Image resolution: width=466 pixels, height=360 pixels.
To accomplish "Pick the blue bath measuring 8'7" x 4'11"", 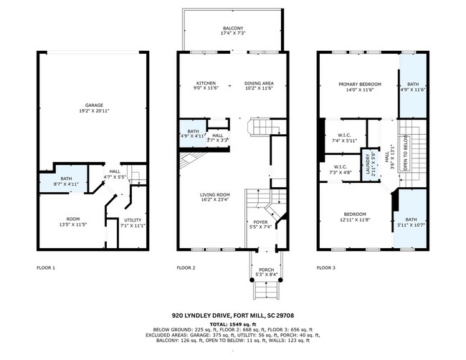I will pos(66,182).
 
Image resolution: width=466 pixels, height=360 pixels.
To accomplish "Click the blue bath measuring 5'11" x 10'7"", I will pos(410,222).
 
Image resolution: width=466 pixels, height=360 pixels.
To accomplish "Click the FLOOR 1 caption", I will pos(46,267).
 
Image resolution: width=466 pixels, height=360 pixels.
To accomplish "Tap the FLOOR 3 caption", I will pos(326,267).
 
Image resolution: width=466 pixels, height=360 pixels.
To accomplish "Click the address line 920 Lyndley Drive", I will pos(233,315).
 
